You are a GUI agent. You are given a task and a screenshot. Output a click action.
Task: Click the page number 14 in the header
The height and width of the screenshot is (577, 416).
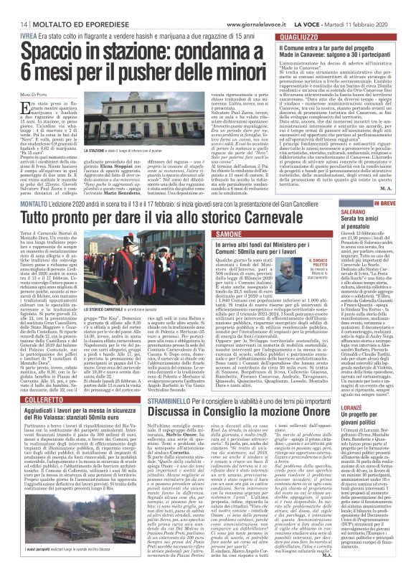pos(14,6)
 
